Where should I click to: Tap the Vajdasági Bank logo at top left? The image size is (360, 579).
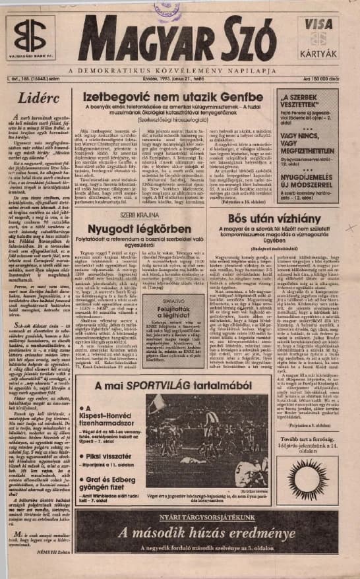pyautogui.click(x=30, y=38)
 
